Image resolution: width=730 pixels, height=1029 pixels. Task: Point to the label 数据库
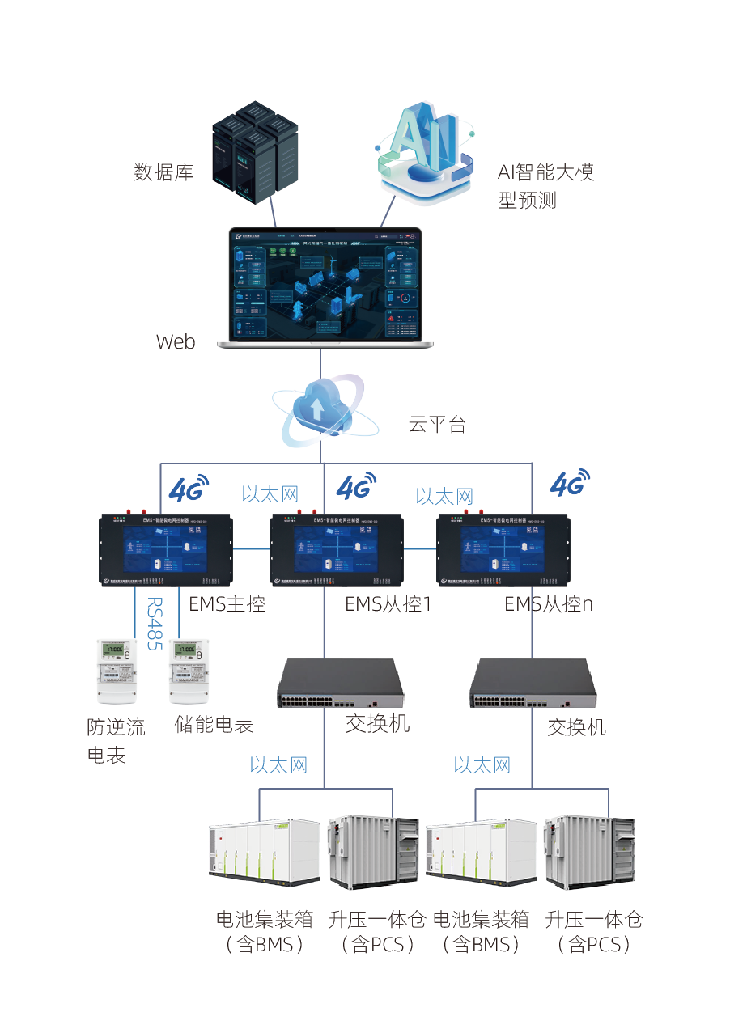click(x=163, y=172)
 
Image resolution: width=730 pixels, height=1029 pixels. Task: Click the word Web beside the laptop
click(x=176, y=341)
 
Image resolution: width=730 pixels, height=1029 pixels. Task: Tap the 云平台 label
click(x=438, y=425)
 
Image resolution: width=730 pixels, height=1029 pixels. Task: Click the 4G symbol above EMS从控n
click(x=569, y=483)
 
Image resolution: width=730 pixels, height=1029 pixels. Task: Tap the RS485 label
click(x=154, y=624)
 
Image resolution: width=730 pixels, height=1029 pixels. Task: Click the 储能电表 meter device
click(x=188, y=671)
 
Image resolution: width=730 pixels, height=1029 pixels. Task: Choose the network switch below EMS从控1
click(x=341, y=684)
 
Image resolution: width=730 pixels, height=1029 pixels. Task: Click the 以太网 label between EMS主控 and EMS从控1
click(x=270, y=493)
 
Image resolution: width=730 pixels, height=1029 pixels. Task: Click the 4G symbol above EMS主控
click(x=188, y=488)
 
